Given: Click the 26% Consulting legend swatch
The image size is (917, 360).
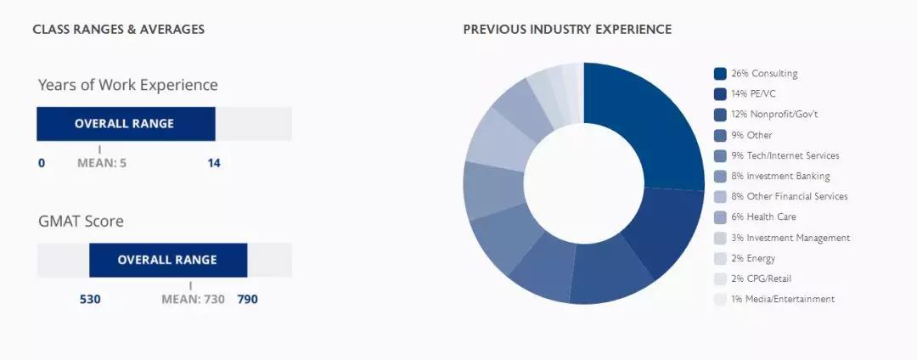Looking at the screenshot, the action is pos(720,74).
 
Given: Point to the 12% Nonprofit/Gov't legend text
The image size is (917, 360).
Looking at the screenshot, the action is pos(774,115).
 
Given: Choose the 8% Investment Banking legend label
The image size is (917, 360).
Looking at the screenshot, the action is pos(780,176).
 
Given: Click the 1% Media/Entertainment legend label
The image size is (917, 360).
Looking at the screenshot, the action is pos(783,299).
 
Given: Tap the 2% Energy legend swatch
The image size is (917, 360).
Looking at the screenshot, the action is pos(720,258).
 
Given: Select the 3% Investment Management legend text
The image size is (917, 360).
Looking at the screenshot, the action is pos(790,238).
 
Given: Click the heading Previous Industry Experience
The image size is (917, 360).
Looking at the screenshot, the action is pos(567,29).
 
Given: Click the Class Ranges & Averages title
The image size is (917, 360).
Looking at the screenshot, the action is pos(119,29).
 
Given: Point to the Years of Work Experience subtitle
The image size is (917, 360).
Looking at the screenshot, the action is pos(128,85).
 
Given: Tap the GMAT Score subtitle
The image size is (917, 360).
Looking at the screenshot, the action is pos(81,222).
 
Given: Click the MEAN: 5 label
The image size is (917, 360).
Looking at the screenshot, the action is pos(102,163).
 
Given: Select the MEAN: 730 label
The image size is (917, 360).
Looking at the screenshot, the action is pos(193,300).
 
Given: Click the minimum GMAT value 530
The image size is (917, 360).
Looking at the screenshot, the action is pos(90,300).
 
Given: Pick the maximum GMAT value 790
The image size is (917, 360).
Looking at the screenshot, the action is pos(247,300).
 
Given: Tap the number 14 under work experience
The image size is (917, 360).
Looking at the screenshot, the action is pos(214,163).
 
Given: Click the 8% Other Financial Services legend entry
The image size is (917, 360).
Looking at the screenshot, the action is pos(789,196).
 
